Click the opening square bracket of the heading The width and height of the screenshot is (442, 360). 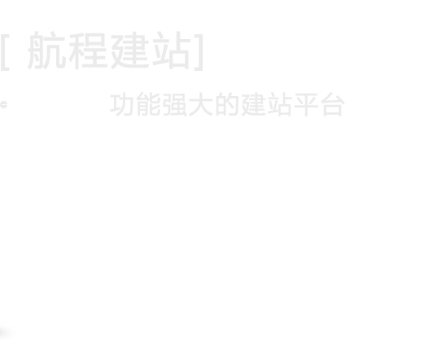pyautogui.click(x=5, y=52)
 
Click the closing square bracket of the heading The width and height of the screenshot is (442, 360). pyautogui.click(x=199, y=52)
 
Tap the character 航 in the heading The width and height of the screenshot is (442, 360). pyautogui.click(x=47, y=50)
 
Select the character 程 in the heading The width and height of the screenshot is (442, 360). pyautogui.click(x=88, y=50)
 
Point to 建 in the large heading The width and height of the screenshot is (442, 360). pyautogui.click(x=130, y=50)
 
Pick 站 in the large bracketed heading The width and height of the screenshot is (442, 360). pyautogui.click(x=172, y=50)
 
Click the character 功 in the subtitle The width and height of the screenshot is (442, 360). pyautogui.click(x=121, y=104)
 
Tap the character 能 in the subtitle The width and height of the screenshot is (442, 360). pyautogui.click(x=149, y=104)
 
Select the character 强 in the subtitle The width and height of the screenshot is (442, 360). pyautogui.click(x=175, y=104)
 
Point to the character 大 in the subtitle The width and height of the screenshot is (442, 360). pyautogui.click(x=201, y=104)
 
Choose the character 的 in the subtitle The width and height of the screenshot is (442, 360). pyautogui.click(x=227, y=104)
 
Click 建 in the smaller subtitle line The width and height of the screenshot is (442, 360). pyautogui.click(x=254, y=104)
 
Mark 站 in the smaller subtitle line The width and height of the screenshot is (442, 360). pyautogui.click(x=279, y=104)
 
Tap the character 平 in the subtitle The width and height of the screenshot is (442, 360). pyautogui.click(x=306, y=104)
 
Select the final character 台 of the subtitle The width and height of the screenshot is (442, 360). pyautogui.click(x=333, y=104)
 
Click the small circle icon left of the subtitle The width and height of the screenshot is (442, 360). pyautogui.click(x=3, y=105)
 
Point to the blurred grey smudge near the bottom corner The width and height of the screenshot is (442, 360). pyautogui.click(x=7, y=332)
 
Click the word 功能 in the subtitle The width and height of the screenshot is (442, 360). pyautogui.click(x=135, y=104)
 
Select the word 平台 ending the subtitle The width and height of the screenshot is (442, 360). pyautogui.click(x=320, y=104)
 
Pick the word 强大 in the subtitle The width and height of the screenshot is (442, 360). pyautogui.click(x=188, y=104)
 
